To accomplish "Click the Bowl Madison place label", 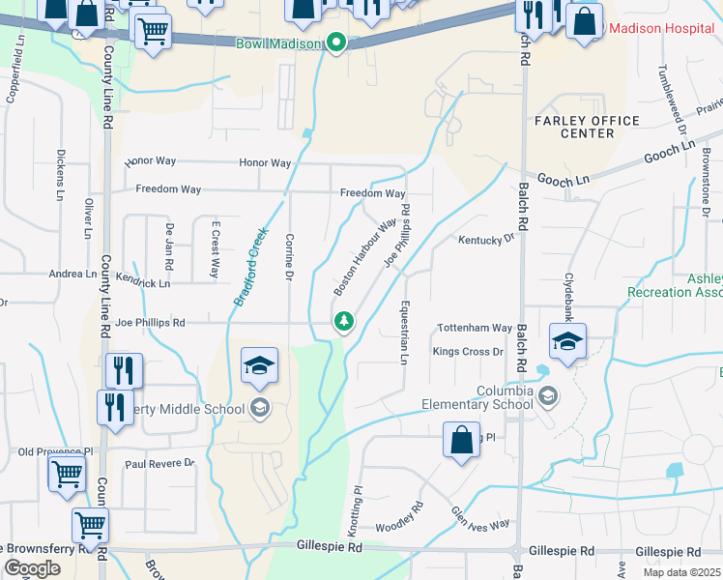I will pyautogui.click(x=279, y=43).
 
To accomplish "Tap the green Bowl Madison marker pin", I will pyautogui.click(x=336, y=43).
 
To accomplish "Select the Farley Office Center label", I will pyautogui.click(x=587, y=127).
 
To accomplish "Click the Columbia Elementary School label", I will pyautogui.click(x=477, y=397).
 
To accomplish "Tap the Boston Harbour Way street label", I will pyautogui.click(x=365, y=257).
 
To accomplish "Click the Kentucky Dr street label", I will pyautogui.click(x=486, y=239).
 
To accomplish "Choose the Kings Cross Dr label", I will pyautogui.click(x=469, y=352).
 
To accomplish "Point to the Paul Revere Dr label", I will pyautogui.click(x=160, y=464).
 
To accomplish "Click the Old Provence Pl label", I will pyautogui.click(x=54, y=451).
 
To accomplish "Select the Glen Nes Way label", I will pyautogui.click(x=480, y=516).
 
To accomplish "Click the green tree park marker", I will pyautogui.click(x=342, y=322).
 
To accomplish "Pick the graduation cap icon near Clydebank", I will pyautogui.click(x=567, y=341).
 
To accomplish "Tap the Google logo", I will pyautogui.click(x=32, y=568).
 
